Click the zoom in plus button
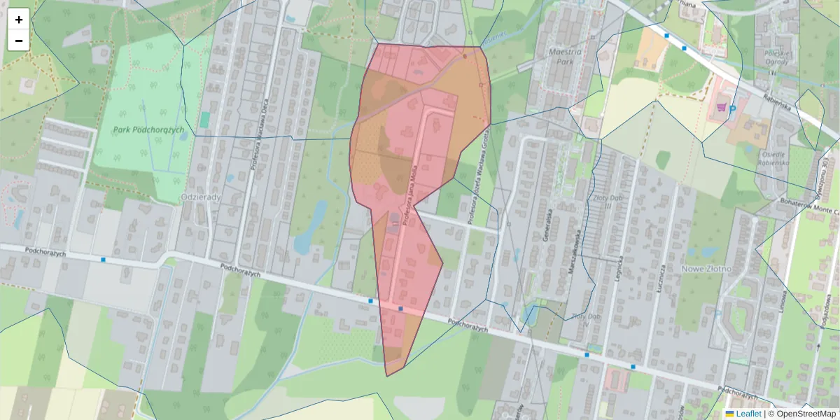tap(19, 20)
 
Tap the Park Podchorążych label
tap(148, 129)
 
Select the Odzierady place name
tap(200, 197)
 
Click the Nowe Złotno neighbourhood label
tap(706, 268)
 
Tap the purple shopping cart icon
tap(721, 106)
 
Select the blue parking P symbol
tap(733, 108)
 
